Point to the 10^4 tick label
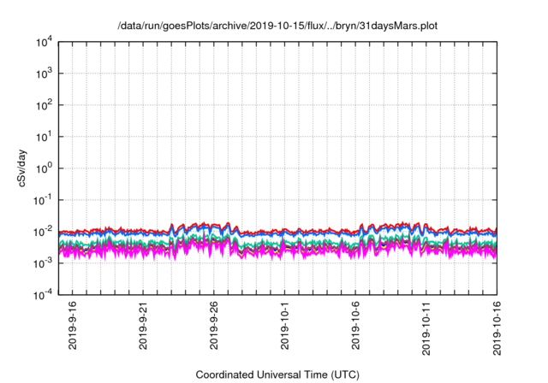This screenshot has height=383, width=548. pyautogui.click(x=44, y=42)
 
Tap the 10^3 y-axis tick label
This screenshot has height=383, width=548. pyautogui.click(x=44, y=74)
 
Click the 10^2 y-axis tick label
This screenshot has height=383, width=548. pyautogui.click(x=44, y=105)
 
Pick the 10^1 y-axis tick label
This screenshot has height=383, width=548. pyautogui.click(x=44, y=136)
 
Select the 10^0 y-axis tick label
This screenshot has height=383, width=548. pyautogui.click(x=44, y=168)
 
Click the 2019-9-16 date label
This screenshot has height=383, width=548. pyautogui.click(x=73, y=327)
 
